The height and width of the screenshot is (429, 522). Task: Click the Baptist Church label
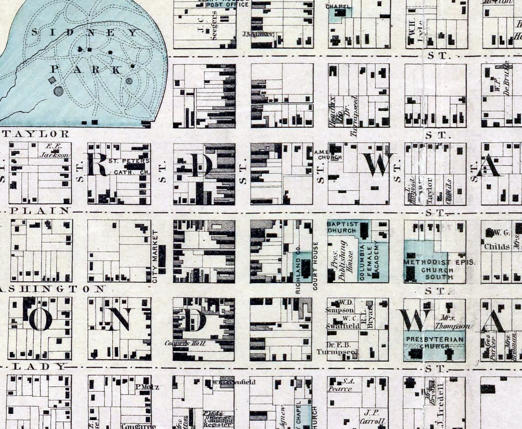click(342, 227)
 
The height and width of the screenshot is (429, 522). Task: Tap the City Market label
click(155, 256)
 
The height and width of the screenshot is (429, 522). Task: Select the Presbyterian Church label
click(435, 342)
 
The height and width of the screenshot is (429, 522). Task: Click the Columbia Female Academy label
click(370, 261)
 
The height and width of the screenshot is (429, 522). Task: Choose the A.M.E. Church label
click(328, 154)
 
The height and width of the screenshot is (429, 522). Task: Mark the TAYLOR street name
click(36, 134)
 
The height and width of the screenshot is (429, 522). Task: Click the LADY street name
click(40, 366)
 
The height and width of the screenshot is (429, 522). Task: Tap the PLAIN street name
click(40, 210)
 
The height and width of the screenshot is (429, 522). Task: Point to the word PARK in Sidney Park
click(87, 70)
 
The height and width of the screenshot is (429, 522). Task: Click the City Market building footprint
click(162, 259)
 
